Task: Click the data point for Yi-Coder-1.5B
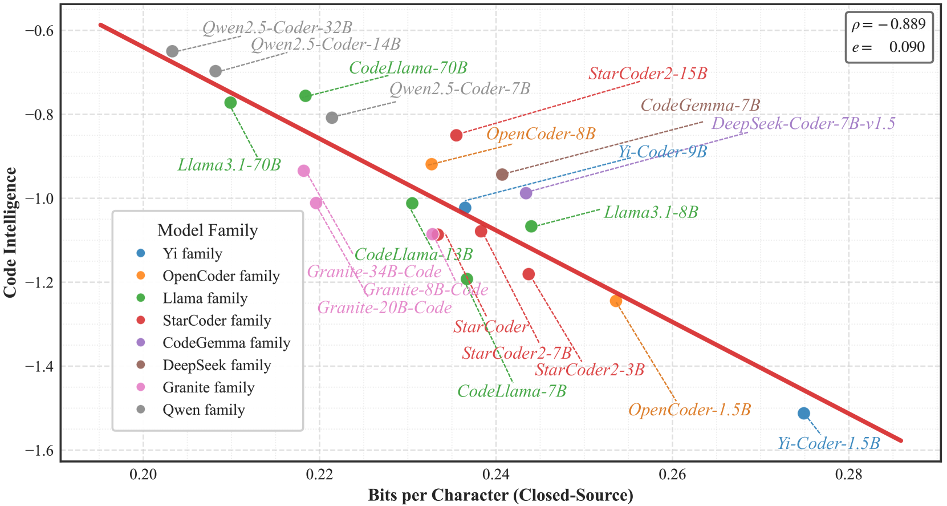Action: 804,413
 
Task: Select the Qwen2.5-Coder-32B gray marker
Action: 173,51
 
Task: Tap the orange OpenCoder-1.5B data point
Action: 616,301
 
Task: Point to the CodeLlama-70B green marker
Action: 306,96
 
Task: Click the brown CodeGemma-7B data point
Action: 502,175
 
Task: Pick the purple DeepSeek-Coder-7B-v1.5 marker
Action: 526,193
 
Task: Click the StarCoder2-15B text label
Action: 648,74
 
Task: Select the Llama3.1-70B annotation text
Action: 229,165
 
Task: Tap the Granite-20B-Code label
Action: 384,308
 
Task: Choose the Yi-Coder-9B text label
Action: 663,152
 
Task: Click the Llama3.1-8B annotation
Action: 651,212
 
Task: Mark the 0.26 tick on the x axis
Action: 672,475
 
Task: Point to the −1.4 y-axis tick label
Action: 39,366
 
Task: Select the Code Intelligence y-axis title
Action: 10,232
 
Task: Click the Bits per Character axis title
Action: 501,495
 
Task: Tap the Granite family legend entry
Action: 208,387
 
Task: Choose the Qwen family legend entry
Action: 204,410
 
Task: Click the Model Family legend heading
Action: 208,230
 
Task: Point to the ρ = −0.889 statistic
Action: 888,25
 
